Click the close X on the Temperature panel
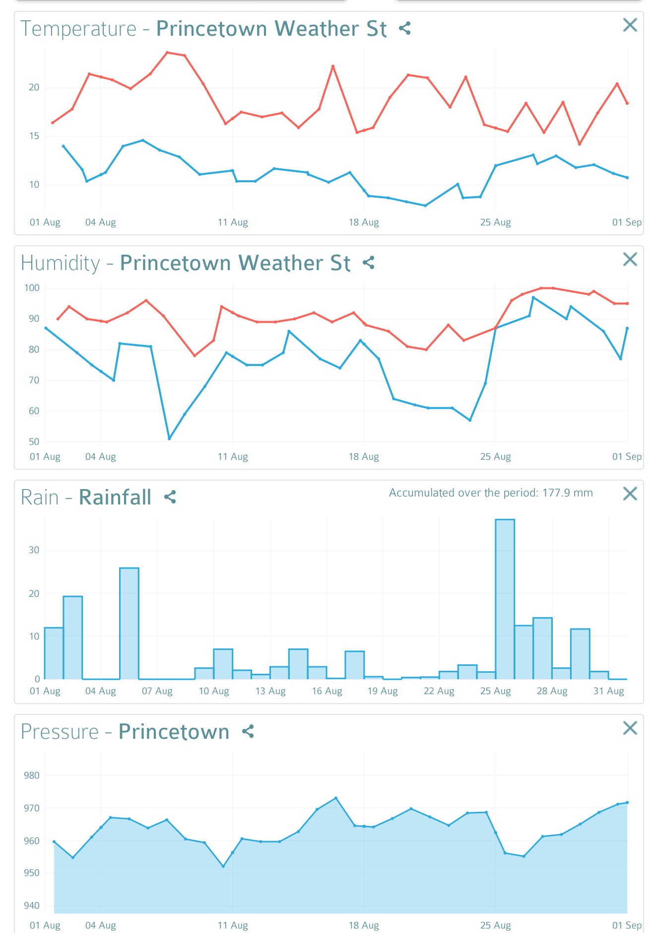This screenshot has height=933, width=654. pos(630,25)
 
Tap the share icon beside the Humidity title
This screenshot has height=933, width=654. pos(368,263)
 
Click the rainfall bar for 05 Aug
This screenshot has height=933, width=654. pos(129,623)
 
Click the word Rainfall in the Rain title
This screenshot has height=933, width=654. pos(115,498)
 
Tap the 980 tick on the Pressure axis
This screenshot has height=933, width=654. pos(32,776)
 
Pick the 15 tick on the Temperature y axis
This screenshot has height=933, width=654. pos(34,136)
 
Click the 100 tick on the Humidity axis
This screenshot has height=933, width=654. pos(32,288)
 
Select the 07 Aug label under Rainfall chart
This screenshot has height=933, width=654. pos(157,691)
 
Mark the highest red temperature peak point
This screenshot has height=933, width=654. pos(167,52)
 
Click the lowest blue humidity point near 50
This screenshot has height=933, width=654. pos(169,438)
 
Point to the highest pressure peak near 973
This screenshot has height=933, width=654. pos(336,798)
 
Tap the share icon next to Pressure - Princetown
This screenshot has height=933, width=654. pos(248,731)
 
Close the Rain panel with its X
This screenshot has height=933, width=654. pos(630,494)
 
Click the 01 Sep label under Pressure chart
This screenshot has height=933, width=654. pos(626,925)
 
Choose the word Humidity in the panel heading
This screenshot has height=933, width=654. pos(61,263)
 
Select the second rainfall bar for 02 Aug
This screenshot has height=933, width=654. pos(73,638)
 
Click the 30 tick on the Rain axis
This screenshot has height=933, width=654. pos(34,550)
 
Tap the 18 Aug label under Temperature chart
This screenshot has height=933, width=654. pos(364,222)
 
